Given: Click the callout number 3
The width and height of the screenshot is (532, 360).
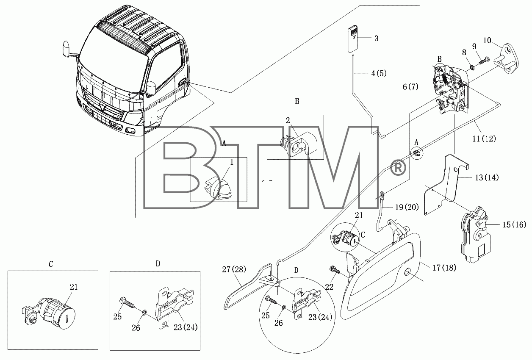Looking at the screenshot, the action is pos(376,39).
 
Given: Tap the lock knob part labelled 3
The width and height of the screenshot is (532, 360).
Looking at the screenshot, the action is pos(352,39).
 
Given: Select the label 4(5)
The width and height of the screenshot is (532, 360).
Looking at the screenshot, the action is pos(379,74).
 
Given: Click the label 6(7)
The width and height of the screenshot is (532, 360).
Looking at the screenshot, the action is pos(410,87).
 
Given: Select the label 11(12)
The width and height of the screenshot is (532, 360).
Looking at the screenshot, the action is pos(484,138).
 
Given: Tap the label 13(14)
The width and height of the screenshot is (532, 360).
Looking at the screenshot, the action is pos(487,177).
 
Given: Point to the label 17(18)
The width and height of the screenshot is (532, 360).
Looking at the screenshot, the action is pos(444,268).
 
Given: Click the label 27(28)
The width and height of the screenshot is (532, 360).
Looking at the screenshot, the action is pos(234,269).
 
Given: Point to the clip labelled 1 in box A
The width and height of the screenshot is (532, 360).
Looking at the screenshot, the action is pos(218,188).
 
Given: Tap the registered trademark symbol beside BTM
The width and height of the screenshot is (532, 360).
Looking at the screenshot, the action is pos(398,169).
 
